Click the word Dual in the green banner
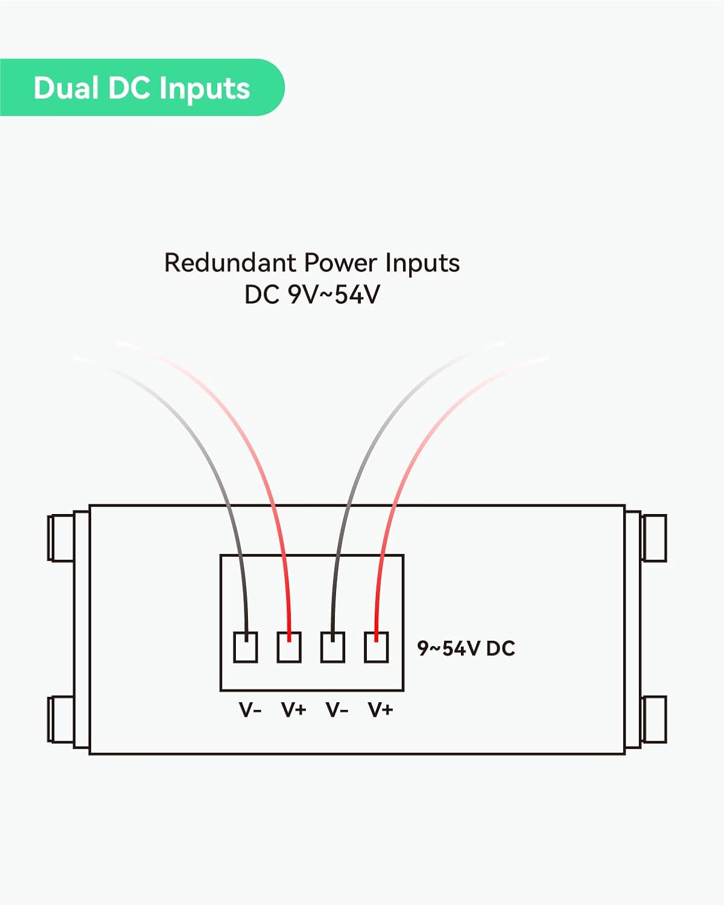(x=66, y=88)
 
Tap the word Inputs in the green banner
(x=205, y=89)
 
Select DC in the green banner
(x=129, y=88)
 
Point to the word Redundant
(x=230, y=263)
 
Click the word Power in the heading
(x=341, y=263)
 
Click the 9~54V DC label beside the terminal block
(x=466, y=649)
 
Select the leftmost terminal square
(x=246, y=647)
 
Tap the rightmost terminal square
(x=376, y=647)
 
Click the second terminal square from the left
(x=289, y=647)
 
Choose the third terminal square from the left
(x=332, y=647)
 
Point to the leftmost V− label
(x=250, y=710)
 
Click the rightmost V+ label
(x=381, y=710)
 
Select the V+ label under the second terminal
(x=294, y=710)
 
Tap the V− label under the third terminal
(x=337, y=710)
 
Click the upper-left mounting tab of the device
(x=60, y=537)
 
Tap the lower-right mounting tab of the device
(x=654, y=719)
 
